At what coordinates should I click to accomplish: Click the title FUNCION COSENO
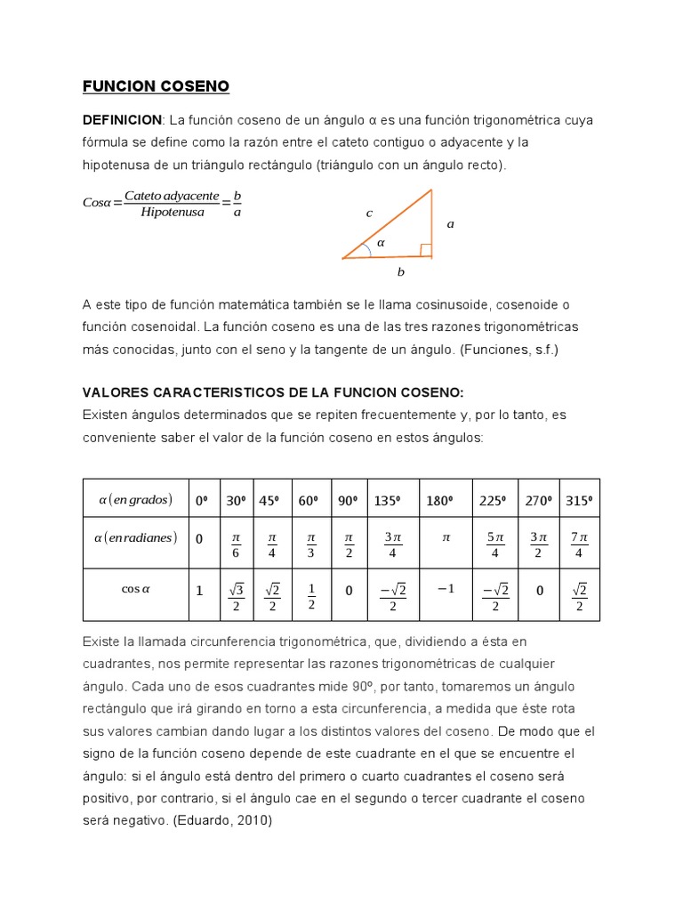coord(156,86)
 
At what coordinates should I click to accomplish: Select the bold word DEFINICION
coord(122,120)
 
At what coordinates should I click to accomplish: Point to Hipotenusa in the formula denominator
coord(172,213)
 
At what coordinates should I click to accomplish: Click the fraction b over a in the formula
coord(236,204)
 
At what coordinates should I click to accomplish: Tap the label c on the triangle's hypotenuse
coord(369,213)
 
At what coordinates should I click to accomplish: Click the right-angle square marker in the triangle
coord(425,250)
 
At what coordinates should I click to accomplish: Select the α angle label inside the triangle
coord(381,242)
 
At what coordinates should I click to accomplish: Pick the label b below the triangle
coord(400,272)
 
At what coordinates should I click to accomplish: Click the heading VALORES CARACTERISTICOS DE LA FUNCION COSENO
coord(273,392)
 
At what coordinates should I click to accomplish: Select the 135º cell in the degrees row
coord(387,501)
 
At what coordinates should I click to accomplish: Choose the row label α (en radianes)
coord(136,538)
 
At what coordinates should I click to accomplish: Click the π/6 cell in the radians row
coord(236,545)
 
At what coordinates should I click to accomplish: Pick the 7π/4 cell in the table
coord(579,545)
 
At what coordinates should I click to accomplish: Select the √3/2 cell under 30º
coord(236,596)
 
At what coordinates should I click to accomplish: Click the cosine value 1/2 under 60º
coord(310,596)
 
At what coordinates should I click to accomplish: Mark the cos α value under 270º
coord(539,590)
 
